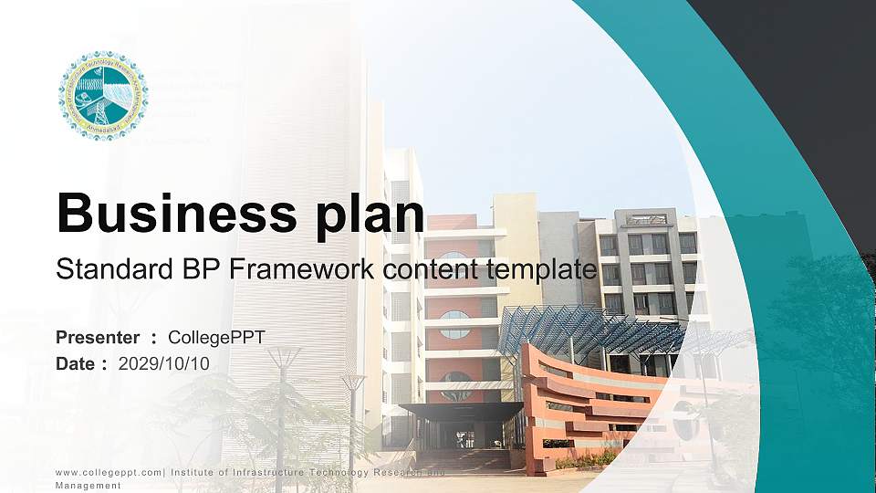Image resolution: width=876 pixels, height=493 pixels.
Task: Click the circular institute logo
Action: pyautogui.click(x=103, y=96)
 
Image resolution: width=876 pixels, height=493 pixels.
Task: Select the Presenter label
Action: pyautogui.click(x=98, y=338)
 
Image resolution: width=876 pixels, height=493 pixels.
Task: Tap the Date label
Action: pyautogui.click(x=76, y=363)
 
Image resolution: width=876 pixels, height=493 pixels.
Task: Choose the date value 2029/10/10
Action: pyautogui.click(x=164, y=363)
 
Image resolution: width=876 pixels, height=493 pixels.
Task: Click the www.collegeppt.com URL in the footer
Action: pyautogui.click(x=108, y=472)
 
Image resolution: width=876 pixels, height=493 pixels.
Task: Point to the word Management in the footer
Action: pyautogui.click(x=89, y=486)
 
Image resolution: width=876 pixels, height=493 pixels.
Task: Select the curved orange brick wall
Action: pyautogui.click(x=584, y=402)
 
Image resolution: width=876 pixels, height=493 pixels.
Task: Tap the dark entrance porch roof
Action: pyautogui.click(x=461, y=411)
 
